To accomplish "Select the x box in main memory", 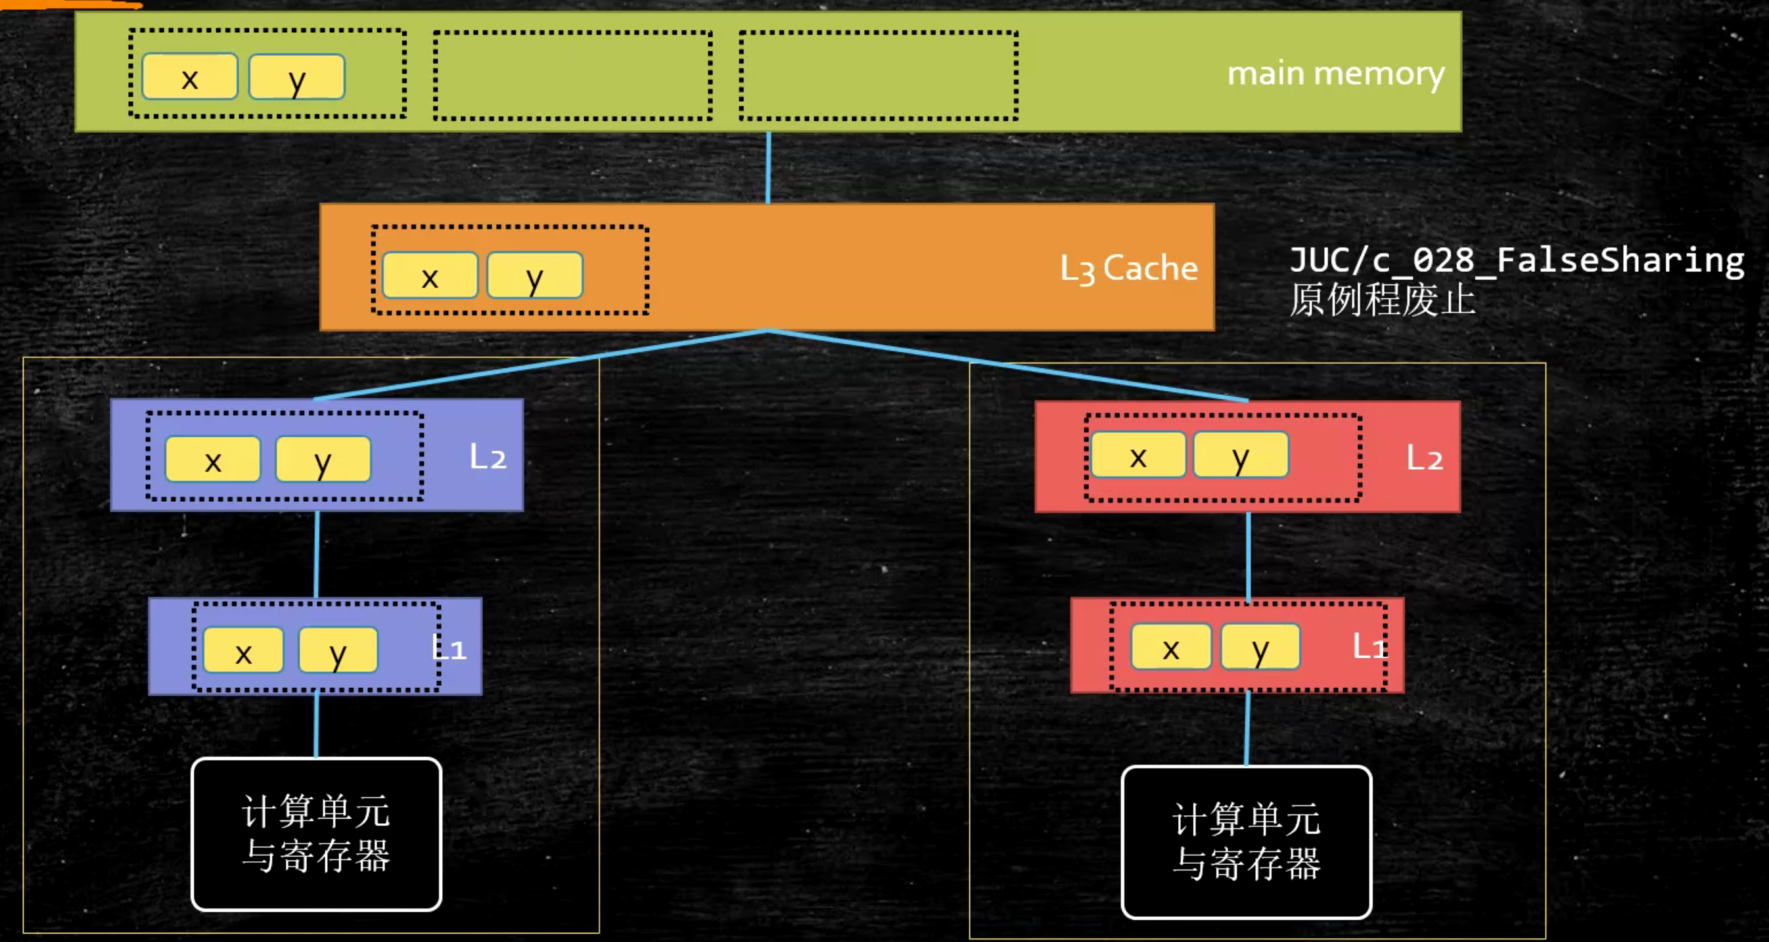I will (x=189, y=77).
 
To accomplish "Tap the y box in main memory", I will (x=296, y=77).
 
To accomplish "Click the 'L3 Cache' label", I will (x=1128, y=268).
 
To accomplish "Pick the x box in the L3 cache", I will (x=430, y=275).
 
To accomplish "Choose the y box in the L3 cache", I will (x=535, y=275).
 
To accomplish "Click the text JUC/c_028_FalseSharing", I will (x=1516, y=260).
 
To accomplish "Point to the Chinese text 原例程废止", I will (x=1382, y=300).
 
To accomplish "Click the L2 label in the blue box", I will (x=488, y=457).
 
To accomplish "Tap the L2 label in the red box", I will (x=1424, y=457).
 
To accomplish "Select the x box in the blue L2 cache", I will (x=213, y=459).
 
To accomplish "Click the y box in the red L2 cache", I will (x=1240, y=455).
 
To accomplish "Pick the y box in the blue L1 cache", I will (x=337, y=650).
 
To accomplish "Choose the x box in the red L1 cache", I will (x=1171, y=647).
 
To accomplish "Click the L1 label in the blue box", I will (x=449, y=648).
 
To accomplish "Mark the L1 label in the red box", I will (x=1369, y=646).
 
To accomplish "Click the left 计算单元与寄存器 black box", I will (x=316, y=834).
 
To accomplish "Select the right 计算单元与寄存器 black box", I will (x=1247, y=841).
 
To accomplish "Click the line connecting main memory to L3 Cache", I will (x=768, y=168).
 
